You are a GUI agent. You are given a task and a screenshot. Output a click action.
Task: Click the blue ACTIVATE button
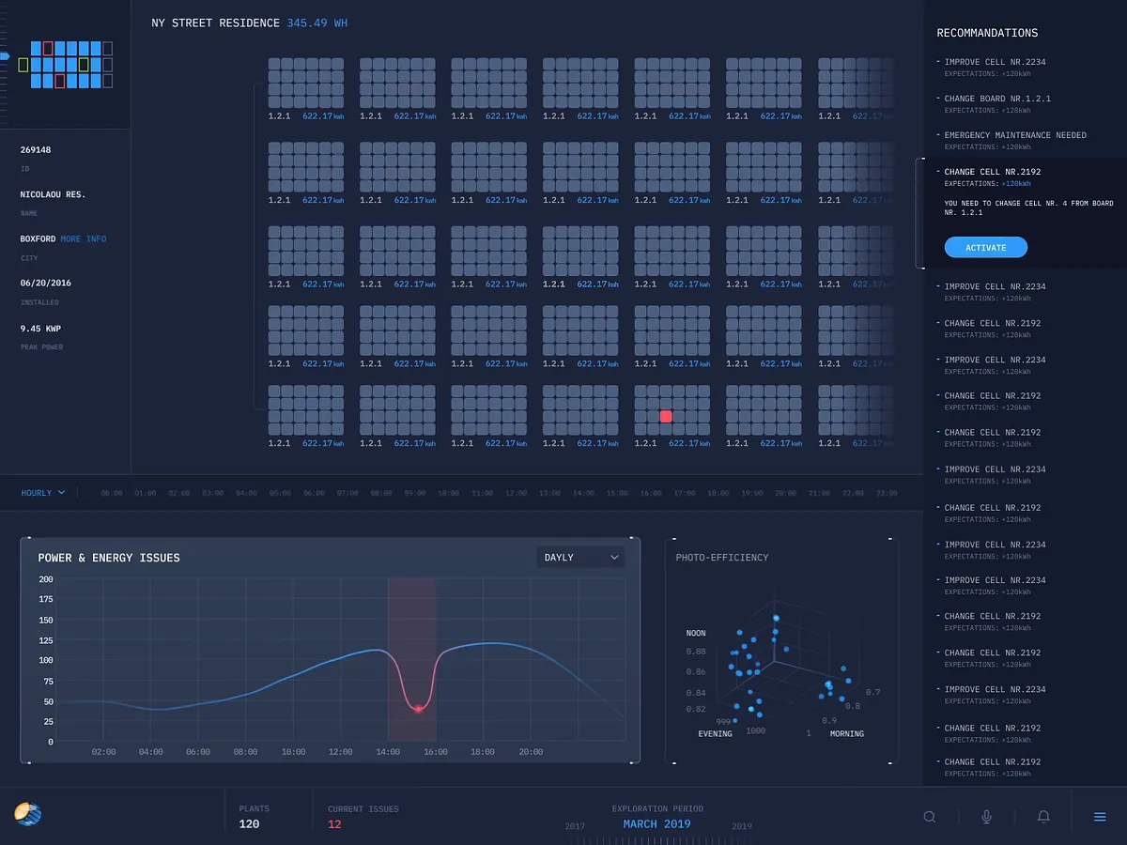[x=985, y=248]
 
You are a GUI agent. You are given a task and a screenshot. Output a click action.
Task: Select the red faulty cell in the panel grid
[x=666, y=416]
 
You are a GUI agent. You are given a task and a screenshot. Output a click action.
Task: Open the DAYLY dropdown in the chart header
[x=581, y=558]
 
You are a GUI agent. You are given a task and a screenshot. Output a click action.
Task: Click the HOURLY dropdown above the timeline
[x=43, y=493]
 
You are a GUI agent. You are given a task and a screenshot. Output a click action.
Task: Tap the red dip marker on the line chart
[x=418, y=708]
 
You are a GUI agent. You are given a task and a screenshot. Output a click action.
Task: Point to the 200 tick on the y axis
[x=46, y=579]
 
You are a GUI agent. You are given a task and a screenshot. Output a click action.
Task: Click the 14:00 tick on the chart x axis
[x=388, y=752]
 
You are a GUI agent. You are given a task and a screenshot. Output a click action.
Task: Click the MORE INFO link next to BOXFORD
[x=84, y=239]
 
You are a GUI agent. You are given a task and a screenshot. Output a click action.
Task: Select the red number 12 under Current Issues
[x=334, y=824]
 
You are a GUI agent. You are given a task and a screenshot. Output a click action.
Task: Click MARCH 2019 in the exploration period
[x=656, y=824]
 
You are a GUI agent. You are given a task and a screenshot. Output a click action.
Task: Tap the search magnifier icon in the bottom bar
[x=930, y=817]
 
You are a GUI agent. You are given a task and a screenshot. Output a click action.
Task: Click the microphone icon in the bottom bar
[x=986, y=817]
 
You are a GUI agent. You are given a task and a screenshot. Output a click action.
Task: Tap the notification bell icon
[x=1043, y=817]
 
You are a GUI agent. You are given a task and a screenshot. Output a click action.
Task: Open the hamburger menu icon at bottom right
[x=1100, y=817]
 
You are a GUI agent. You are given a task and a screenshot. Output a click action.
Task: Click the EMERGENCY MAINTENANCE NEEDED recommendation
[x=1014, y=135]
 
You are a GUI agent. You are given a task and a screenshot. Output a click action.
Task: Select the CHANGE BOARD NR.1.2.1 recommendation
[x=996, y=99]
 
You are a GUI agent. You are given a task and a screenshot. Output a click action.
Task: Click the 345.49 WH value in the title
[x=316, y=23]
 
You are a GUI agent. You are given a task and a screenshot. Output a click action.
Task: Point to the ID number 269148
[x=36, y=150]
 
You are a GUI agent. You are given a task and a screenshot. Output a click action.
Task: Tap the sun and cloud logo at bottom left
[x=28, y=814]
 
